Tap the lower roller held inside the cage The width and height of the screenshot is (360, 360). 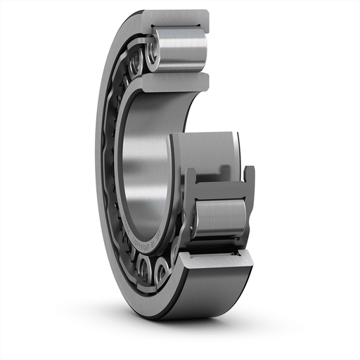pyautogui.click(x=219, y=218)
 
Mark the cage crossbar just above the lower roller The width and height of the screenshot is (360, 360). pyautogui.click(x=218, y=191)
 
